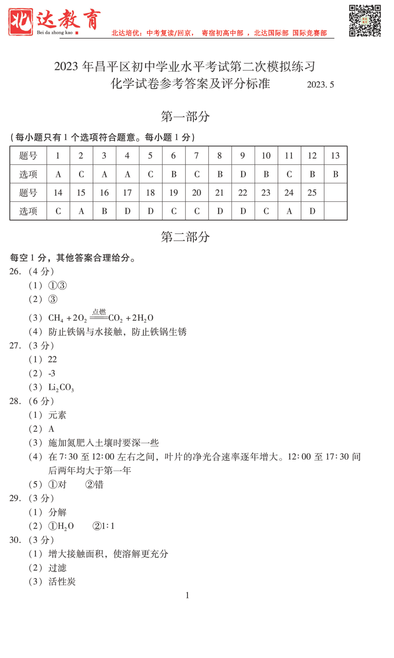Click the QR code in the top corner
pyautogui.click(x=365, y=21)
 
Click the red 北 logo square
pyautogui.click(x=21, y=22)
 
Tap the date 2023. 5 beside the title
pyautogui.click(x=320, y=85)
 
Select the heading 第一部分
pyautogui.click(x=185, y=117)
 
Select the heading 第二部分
pyautogui.click(x=185, y=237)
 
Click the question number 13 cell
pyautogui.click(x=335, y=156)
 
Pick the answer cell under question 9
pyautogui.click(x=243, y=174)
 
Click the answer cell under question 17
pyautogui.click(x=127, y=211)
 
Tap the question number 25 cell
pyautogui.click(x=312, y=193)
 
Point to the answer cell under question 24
pyautogui.click(x=289, y=211)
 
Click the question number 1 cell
pyautogui.click(x=58, y=156)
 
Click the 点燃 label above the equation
pyautogui.click(x=99, y=312)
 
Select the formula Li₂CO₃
pyautogui.click(x=61, y=387)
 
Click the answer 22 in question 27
pyautogui.click(x=52, y=360)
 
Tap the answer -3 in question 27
pyautogui.click(x=52, y=374)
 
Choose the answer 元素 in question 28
pyautogui.click(x=57, y=415)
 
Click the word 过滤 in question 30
pyautogui.click(x=57, y=568)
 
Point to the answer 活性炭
pyautogui.click(x=62, y=582)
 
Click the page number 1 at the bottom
pyautogui.click(x=187, y=596)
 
